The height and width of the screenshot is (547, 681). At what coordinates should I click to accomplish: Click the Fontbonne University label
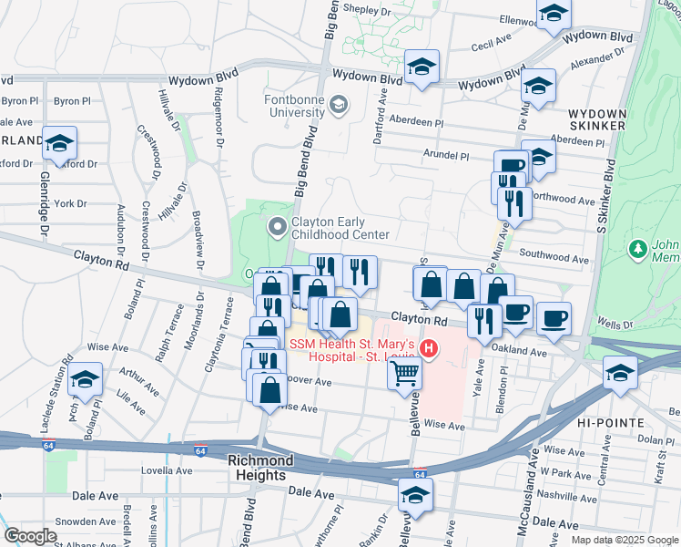(294, 106)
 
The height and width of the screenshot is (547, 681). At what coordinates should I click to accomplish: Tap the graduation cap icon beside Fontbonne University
(339, 105)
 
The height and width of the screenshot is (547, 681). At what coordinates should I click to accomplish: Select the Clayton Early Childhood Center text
(340, 228)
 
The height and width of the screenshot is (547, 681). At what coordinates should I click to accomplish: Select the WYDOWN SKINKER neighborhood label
(596, 118)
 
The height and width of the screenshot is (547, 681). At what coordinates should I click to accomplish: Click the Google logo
(30, 536)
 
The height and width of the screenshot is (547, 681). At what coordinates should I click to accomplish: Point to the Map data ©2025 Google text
(625, 540)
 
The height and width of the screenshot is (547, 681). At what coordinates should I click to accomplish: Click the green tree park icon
(639, 248)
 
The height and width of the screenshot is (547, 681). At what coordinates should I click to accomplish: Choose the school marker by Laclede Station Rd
(86, 379)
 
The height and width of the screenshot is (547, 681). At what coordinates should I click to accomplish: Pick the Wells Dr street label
(615, 325)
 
